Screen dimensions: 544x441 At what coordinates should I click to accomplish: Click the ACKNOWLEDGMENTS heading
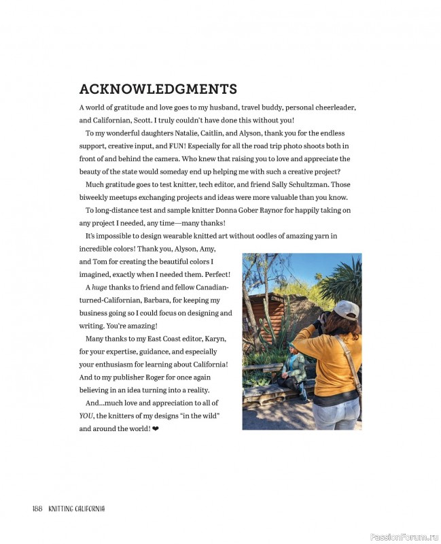coord(158,89)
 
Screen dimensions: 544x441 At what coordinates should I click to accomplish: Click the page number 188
coord(37,509)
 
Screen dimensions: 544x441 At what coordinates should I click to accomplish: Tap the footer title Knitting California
coord(76,509)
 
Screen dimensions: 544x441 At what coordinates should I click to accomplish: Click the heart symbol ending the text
coord(156,429)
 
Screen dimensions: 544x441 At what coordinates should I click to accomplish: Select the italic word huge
coord(100,288)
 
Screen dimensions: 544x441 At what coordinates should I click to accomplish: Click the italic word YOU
coord(86,416)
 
